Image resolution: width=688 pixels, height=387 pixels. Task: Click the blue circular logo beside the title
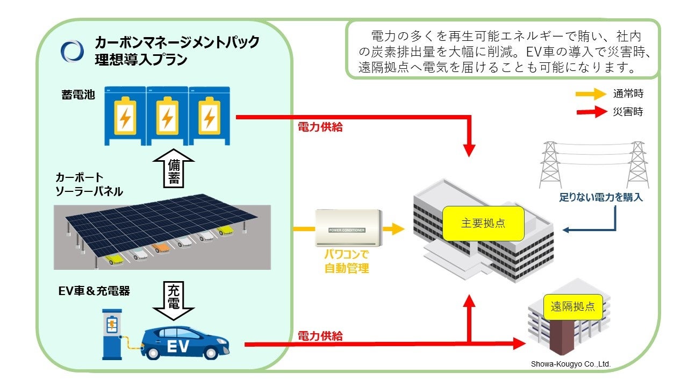pyautogui.click(x=72, y=51)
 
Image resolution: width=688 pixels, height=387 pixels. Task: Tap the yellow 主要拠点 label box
pyautogui.click(x=483, y=223)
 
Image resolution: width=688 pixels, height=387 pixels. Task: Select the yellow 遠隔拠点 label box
pyautogui.click(x=573, y=306)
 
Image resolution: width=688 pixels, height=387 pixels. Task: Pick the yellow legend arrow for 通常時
pyautogui.click(x=590, y=94)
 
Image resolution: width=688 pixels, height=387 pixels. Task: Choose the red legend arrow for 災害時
pyautogui.click(x=590, y=112)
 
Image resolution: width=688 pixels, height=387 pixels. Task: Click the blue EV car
pyautogui.click(x=185, y=342)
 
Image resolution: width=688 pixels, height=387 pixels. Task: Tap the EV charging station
pyautogui.click(x=112, y=333)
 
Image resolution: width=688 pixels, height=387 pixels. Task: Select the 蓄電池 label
pyautogui.click(x=78, y=95)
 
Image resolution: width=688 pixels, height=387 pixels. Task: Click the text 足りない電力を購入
pyautogui.click(x=600, y=198)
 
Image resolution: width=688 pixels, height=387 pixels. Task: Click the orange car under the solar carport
pyautogui.click(x=160, y=248)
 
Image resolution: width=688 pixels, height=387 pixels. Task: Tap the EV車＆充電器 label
pyautogui.click(x=94, y=291)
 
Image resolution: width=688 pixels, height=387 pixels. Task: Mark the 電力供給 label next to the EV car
pyautogui.click(x=320, y=336)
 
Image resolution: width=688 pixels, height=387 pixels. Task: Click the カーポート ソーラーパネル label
pyautogui.click(x=89, y=184)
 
